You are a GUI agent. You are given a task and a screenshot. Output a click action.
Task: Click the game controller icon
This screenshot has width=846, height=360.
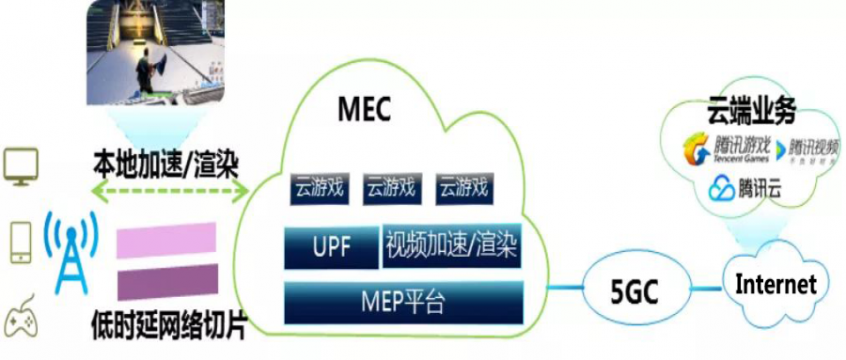[22, 321]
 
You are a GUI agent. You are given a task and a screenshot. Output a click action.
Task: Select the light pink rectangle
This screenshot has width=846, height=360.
[167, 241]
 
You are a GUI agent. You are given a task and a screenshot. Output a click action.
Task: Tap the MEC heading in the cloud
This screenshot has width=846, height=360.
[364, 110]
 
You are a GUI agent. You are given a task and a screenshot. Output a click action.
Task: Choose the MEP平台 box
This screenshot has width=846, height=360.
[403, 302]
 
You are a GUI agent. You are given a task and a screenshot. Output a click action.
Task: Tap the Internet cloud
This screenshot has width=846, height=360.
[775, 283]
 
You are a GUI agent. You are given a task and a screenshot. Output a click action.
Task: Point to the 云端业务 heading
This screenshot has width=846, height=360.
[751, 113]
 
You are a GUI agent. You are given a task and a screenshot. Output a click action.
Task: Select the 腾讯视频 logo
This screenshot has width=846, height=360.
[812, 149]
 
